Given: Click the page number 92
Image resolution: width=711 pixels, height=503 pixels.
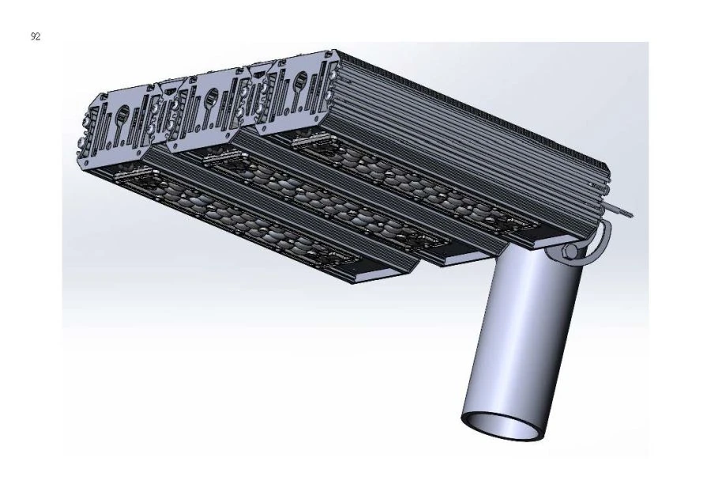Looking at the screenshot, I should pyautogui.click(x=36, y=37).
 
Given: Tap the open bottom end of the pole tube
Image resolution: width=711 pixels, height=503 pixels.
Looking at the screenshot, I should pyautogui.click(x=503, y=425).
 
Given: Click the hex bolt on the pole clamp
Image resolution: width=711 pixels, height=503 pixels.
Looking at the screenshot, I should pyautogui.click(x=570, y=251).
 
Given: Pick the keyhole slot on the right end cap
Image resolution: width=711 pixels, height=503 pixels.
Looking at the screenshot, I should pyautogui.click(x=301, y=80).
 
